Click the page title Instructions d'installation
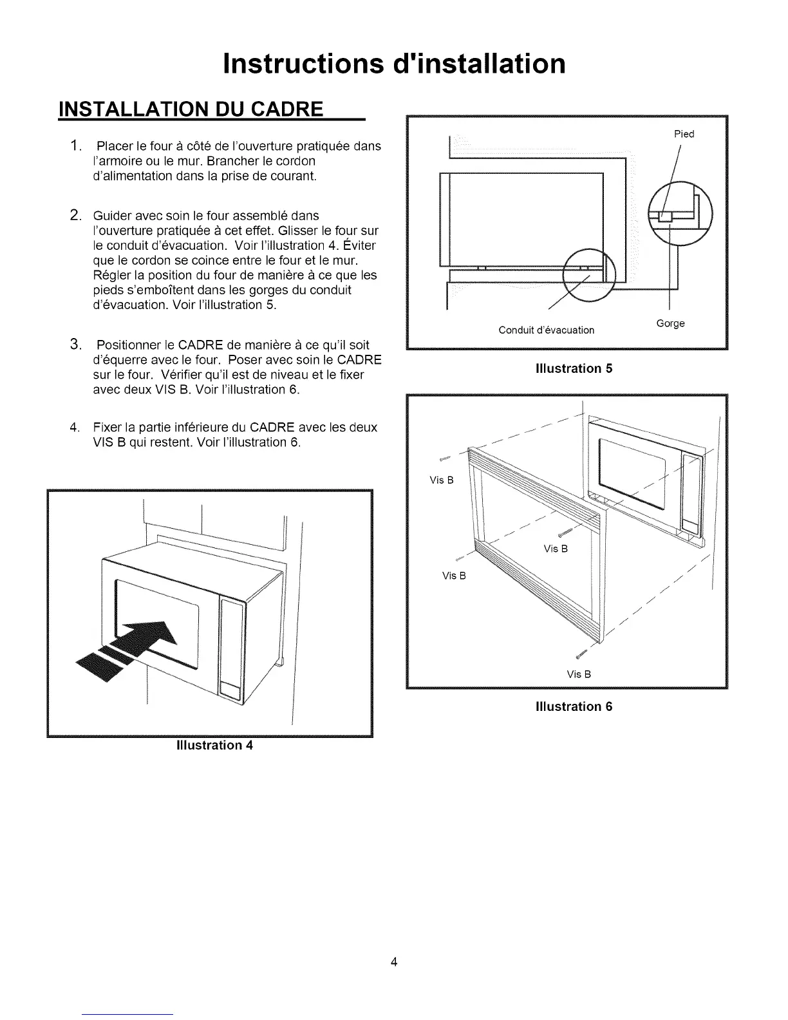pos(394,64)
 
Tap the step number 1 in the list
pos(76,146)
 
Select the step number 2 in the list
pos(75,215)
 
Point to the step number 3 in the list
pos(75,345)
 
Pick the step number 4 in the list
pos(75,428)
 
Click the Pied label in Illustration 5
pos(684,134)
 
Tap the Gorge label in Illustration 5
pos(670,323)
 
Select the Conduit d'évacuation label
pos(546,330)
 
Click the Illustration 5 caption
pos(574,368)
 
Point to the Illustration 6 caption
pos(574,706)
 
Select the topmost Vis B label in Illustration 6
pos(442,480)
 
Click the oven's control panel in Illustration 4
pos(230,647)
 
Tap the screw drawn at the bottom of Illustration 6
pos(581,654)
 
